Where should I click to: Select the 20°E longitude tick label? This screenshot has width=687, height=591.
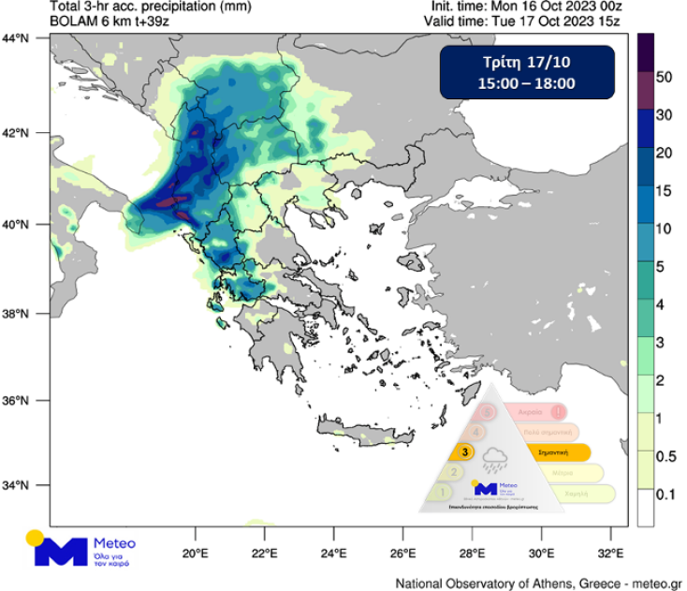pyautogui.click(x=196, y=552)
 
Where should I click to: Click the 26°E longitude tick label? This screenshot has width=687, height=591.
pyautogui.click(x=402, y=552)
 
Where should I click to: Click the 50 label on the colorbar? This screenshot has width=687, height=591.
pyautogui.click(x=665, y=77)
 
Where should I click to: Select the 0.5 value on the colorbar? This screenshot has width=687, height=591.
pyautogui.click(x=665, y=455)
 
